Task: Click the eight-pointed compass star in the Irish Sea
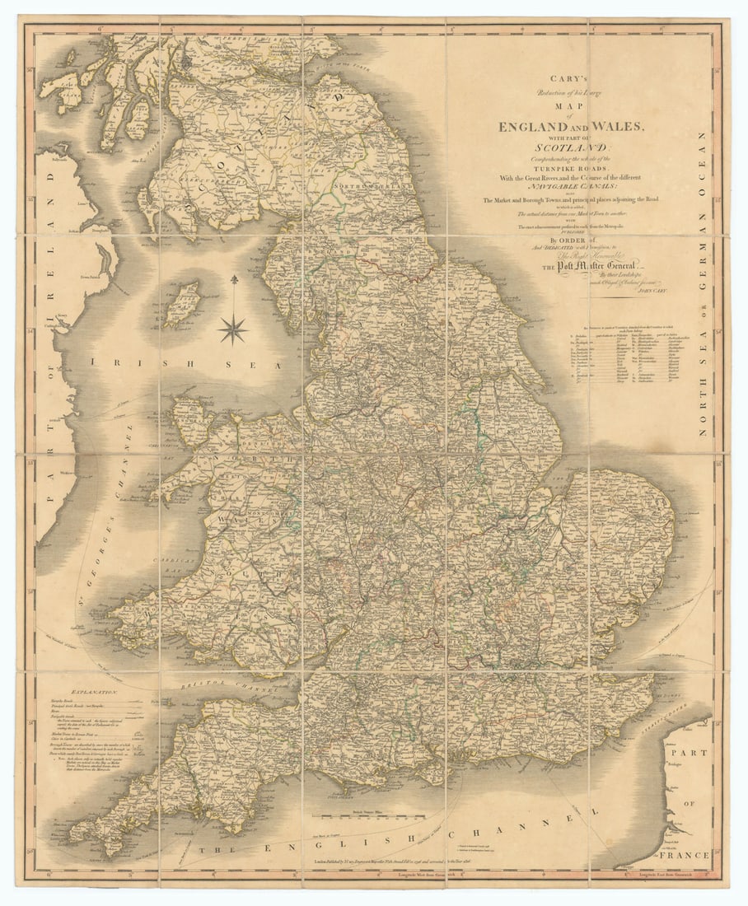click(x=233, y=329)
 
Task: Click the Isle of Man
click(x=183, y=304)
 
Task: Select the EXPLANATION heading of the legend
click(x=95, y=694)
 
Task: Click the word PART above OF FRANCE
click(x=688, y=754)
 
